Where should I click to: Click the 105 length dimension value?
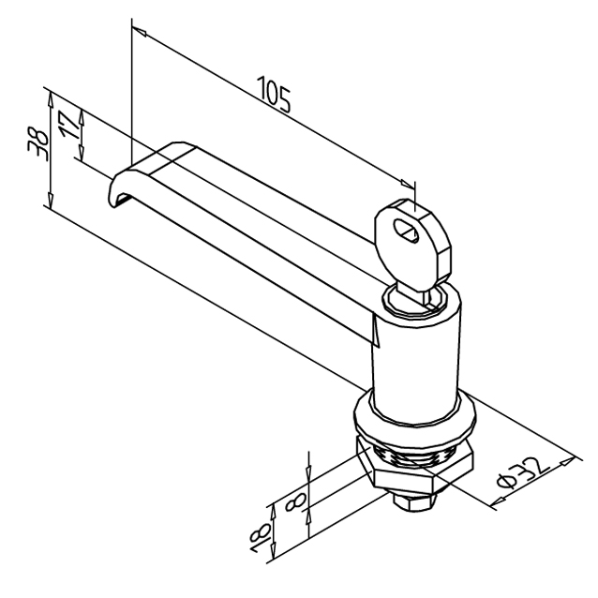click(274, 94)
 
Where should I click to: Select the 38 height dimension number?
click(38, 145)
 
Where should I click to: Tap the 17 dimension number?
click(69, 125)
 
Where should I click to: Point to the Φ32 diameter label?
click(524, 473)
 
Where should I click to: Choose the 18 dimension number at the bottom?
click(261, 537)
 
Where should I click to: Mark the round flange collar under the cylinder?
click(415, 418)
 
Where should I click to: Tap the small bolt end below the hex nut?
click(413, 502)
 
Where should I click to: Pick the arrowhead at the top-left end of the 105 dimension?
click(140, 32)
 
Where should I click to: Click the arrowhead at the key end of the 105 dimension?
click(407, 183)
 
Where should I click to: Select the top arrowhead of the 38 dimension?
click(50, 99)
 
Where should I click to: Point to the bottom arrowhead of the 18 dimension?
click(273, 551)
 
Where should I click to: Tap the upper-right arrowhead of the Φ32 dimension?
click(567, 461)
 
